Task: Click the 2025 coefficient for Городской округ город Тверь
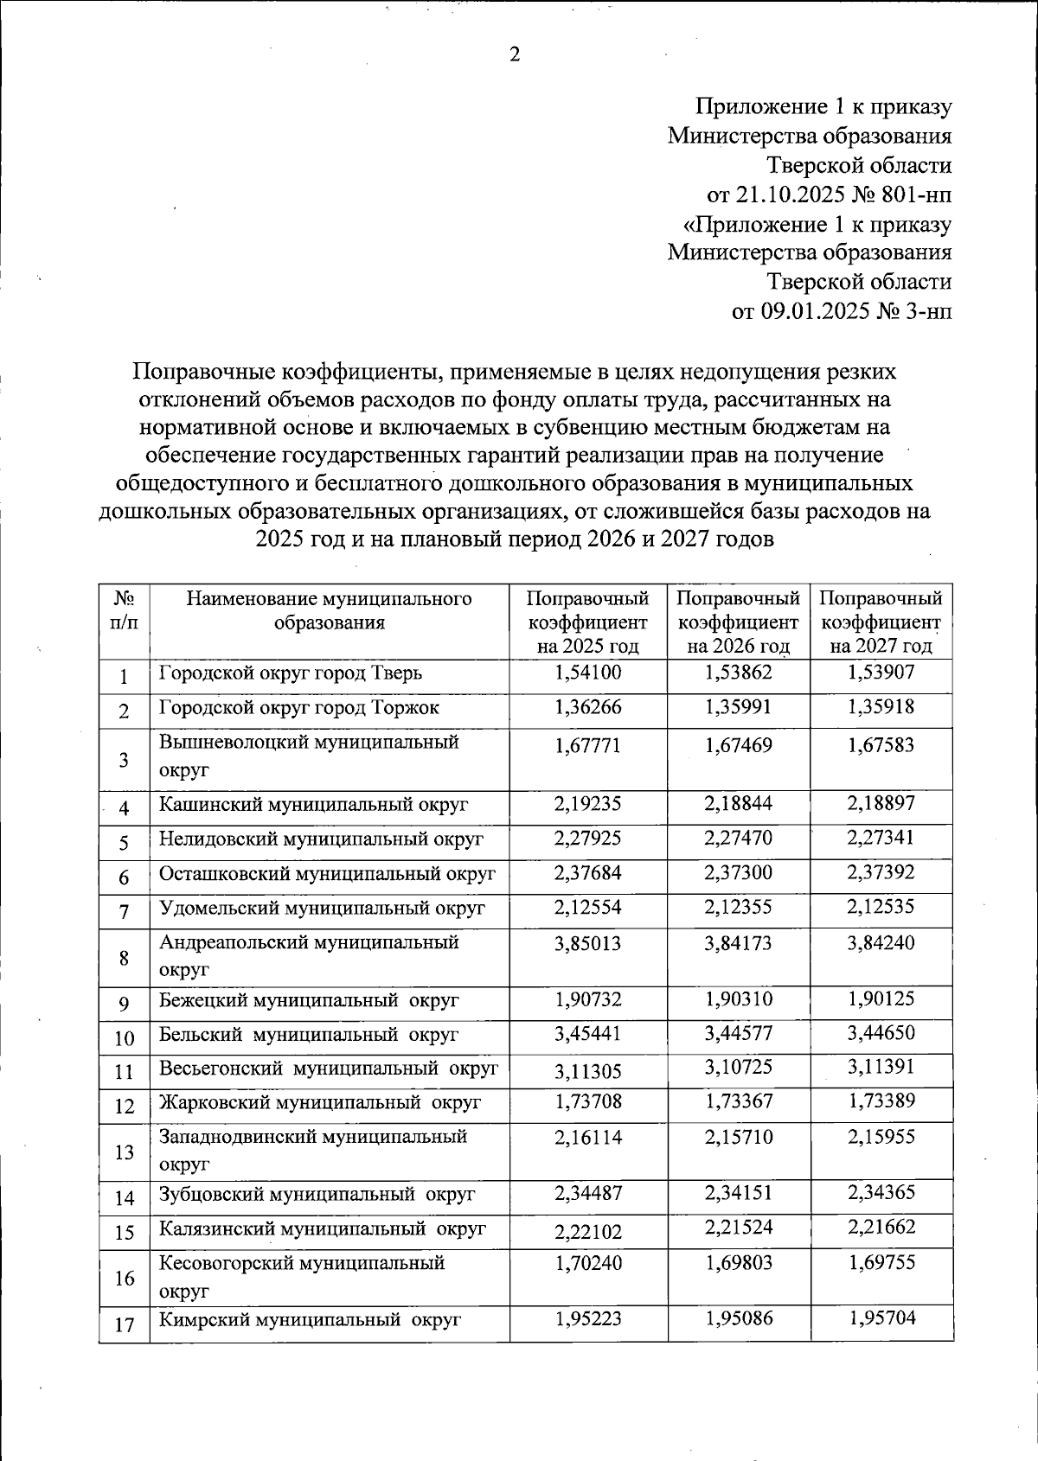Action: pos(587,672)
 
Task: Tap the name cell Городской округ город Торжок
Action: pos(299,707)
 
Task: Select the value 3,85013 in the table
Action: pos(587,942)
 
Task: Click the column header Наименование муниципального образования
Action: pos(330,610)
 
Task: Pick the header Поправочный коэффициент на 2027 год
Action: pos(881,622)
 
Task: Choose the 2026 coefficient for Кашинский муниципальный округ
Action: pos(738,804)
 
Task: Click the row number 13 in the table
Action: pos(125,1152)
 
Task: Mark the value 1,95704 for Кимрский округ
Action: pos(881,1317)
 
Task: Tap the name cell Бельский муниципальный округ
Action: pos(309,1035)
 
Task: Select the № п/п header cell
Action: pos(125,610)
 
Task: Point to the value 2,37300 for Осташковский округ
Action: pos(738,873)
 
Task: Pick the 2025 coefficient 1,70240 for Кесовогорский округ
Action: pos(587,1263)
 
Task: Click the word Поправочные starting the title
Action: pos(203,373)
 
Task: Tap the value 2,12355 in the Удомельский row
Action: pos(738,908)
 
